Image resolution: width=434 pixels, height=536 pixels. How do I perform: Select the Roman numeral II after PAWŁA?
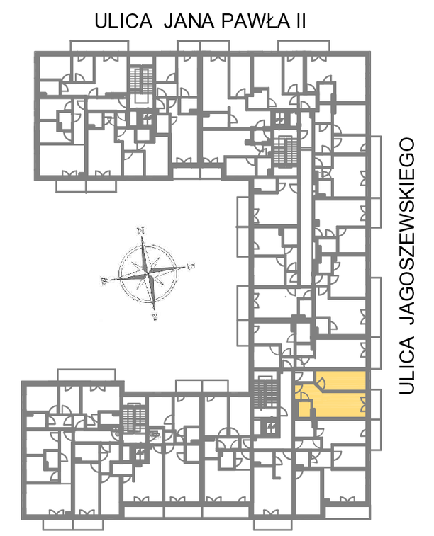pyautogui.click(x=301, y=21)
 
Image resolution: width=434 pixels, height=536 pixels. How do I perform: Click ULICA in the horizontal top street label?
pyautogui.click(x=123, y=21)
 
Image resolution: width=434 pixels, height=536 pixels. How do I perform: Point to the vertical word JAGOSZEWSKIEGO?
pyautogui.click(x=407, y=230)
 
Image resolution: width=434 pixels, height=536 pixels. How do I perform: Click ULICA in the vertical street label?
pyautogui.click(x=407, y=365)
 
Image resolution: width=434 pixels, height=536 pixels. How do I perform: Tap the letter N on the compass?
pyautogui.click(x=140, y=231)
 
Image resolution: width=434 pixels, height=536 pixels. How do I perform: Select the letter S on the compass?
pyautogui.click(x=155, y=317)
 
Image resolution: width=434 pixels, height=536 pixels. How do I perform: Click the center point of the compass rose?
pyautogui.click(x=148, y=274)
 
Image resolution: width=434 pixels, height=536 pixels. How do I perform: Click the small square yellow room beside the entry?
pyautogui.click(x=304, y=409)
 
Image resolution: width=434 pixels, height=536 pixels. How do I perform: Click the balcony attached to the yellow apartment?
pyautogui.click(x=376, y=404)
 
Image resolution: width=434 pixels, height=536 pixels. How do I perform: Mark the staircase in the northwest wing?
pyautogui.click(x=140, y=80)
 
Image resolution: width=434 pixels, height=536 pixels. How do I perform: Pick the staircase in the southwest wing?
pyautogui.click(x=135, y=418)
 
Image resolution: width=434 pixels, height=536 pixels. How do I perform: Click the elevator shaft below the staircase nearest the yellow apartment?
pyautogui.click(x=271, y=427)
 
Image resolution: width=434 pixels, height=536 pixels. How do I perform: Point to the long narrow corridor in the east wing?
pyautogui.click(x=306, y=198)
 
